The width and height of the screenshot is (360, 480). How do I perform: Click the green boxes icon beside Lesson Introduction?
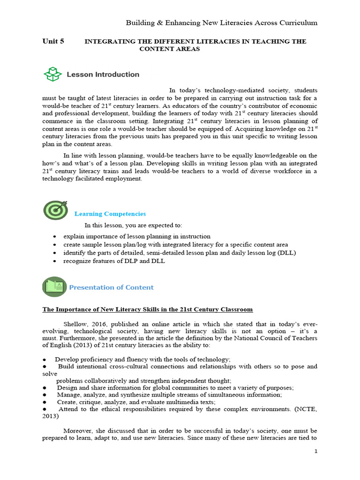(x=52, y=74)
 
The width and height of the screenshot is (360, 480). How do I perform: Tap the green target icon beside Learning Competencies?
(x=55, y=210)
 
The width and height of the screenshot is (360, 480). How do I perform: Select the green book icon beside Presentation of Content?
(x=54, y=286)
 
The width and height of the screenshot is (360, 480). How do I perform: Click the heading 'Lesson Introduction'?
(x=103, y=74)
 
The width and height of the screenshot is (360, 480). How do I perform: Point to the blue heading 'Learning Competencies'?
(x=110, y=214)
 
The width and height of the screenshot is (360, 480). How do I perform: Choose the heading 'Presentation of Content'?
(x=112, y=287)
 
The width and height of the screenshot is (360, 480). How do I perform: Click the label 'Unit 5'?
(x=53, y=41)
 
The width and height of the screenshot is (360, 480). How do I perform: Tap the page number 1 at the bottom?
(x=316, y=451)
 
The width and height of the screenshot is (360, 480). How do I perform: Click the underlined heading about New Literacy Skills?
(x=148, y=309)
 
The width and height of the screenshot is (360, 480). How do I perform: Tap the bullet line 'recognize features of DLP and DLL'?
(x=114, y=261)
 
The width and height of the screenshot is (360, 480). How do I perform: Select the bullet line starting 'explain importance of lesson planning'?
(x=137, y=236)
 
